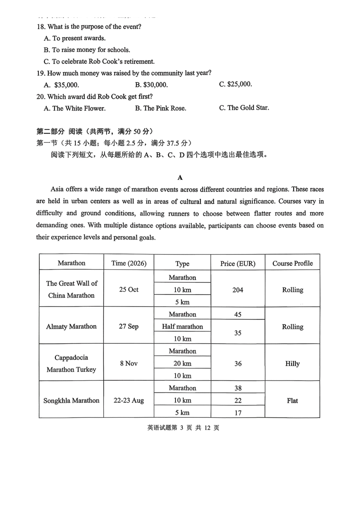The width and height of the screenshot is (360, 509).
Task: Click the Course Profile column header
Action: [x=293, y=263]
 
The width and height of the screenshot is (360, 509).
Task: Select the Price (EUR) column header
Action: [x=238, y=264]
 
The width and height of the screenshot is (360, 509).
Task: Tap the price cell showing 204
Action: [x=238, y=290]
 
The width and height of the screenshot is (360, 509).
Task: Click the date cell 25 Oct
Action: [x=129, y=289]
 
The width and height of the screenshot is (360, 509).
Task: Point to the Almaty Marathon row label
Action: [x=71, y=326]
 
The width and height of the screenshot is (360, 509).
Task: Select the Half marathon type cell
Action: [x=182, y=326]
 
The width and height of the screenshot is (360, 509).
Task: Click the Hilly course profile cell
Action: [x=293, y=364]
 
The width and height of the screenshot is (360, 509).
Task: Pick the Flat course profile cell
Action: [x=293, y=401]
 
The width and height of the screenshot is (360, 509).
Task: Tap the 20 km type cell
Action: [x=182, y=364]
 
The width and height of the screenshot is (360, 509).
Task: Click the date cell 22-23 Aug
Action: [x=129, y=400]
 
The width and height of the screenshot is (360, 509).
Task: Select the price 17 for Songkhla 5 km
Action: [x=238, y=413]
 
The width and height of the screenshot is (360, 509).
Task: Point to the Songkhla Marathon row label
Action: [x=71, y=400]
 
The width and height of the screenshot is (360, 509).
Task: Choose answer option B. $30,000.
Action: [x=152, y=85]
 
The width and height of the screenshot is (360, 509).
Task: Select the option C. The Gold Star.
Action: [x=244, y=108]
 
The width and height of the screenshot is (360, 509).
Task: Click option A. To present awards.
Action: [x=75, y=38]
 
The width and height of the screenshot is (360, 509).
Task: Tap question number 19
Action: [x=41, y=73]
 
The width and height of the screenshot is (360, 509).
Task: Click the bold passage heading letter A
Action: [x=180, y=177]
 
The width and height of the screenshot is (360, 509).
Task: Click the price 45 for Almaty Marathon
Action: [x=238, y=314]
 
